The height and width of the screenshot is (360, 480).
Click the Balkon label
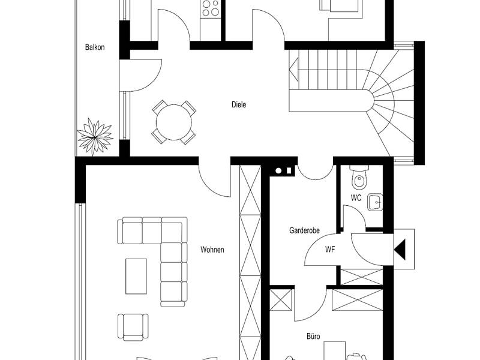pyautogui.click(x=95, y=47)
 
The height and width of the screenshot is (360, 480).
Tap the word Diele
pyautogui.click(x=239, y=104)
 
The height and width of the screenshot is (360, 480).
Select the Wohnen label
pyautogui.click(x=212, y=250)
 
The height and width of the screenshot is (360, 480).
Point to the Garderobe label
pyautogui.click(x=304, y=230)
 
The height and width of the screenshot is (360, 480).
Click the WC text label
pyautogui.click(x=356, y=198)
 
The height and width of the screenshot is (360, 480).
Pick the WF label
pyautogui.click(x=330, y=250)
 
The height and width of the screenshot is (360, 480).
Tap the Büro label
pyautogui.click(x=313, y=337)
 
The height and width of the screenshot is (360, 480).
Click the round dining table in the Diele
pyautogui.click(x=174, y=122)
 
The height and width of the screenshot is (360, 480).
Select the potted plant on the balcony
pyautogui.click(x=95, y=137)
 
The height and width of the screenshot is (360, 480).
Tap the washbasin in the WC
pyautogui.click(x=375, y=202)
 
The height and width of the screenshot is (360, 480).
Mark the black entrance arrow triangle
pyautogui.click(x=400, y=250)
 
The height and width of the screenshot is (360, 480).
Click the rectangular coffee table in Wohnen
pyautogui.click(x=136, y=277)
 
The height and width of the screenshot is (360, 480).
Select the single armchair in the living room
pyautogui.click(x=133, y=327)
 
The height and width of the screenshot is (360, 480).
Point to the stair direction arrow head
pyautogui.click(x=294, y=70)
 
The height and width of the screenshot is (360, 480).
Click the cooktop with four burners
pyautogui.click(x=211, y=8)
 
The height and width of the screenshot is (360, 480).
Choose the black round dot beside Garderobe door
pyautogui.click(x=278, y=171)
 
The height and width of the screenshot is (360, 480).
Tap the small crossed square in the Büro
pyautogui.click(x=281, y=300)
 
